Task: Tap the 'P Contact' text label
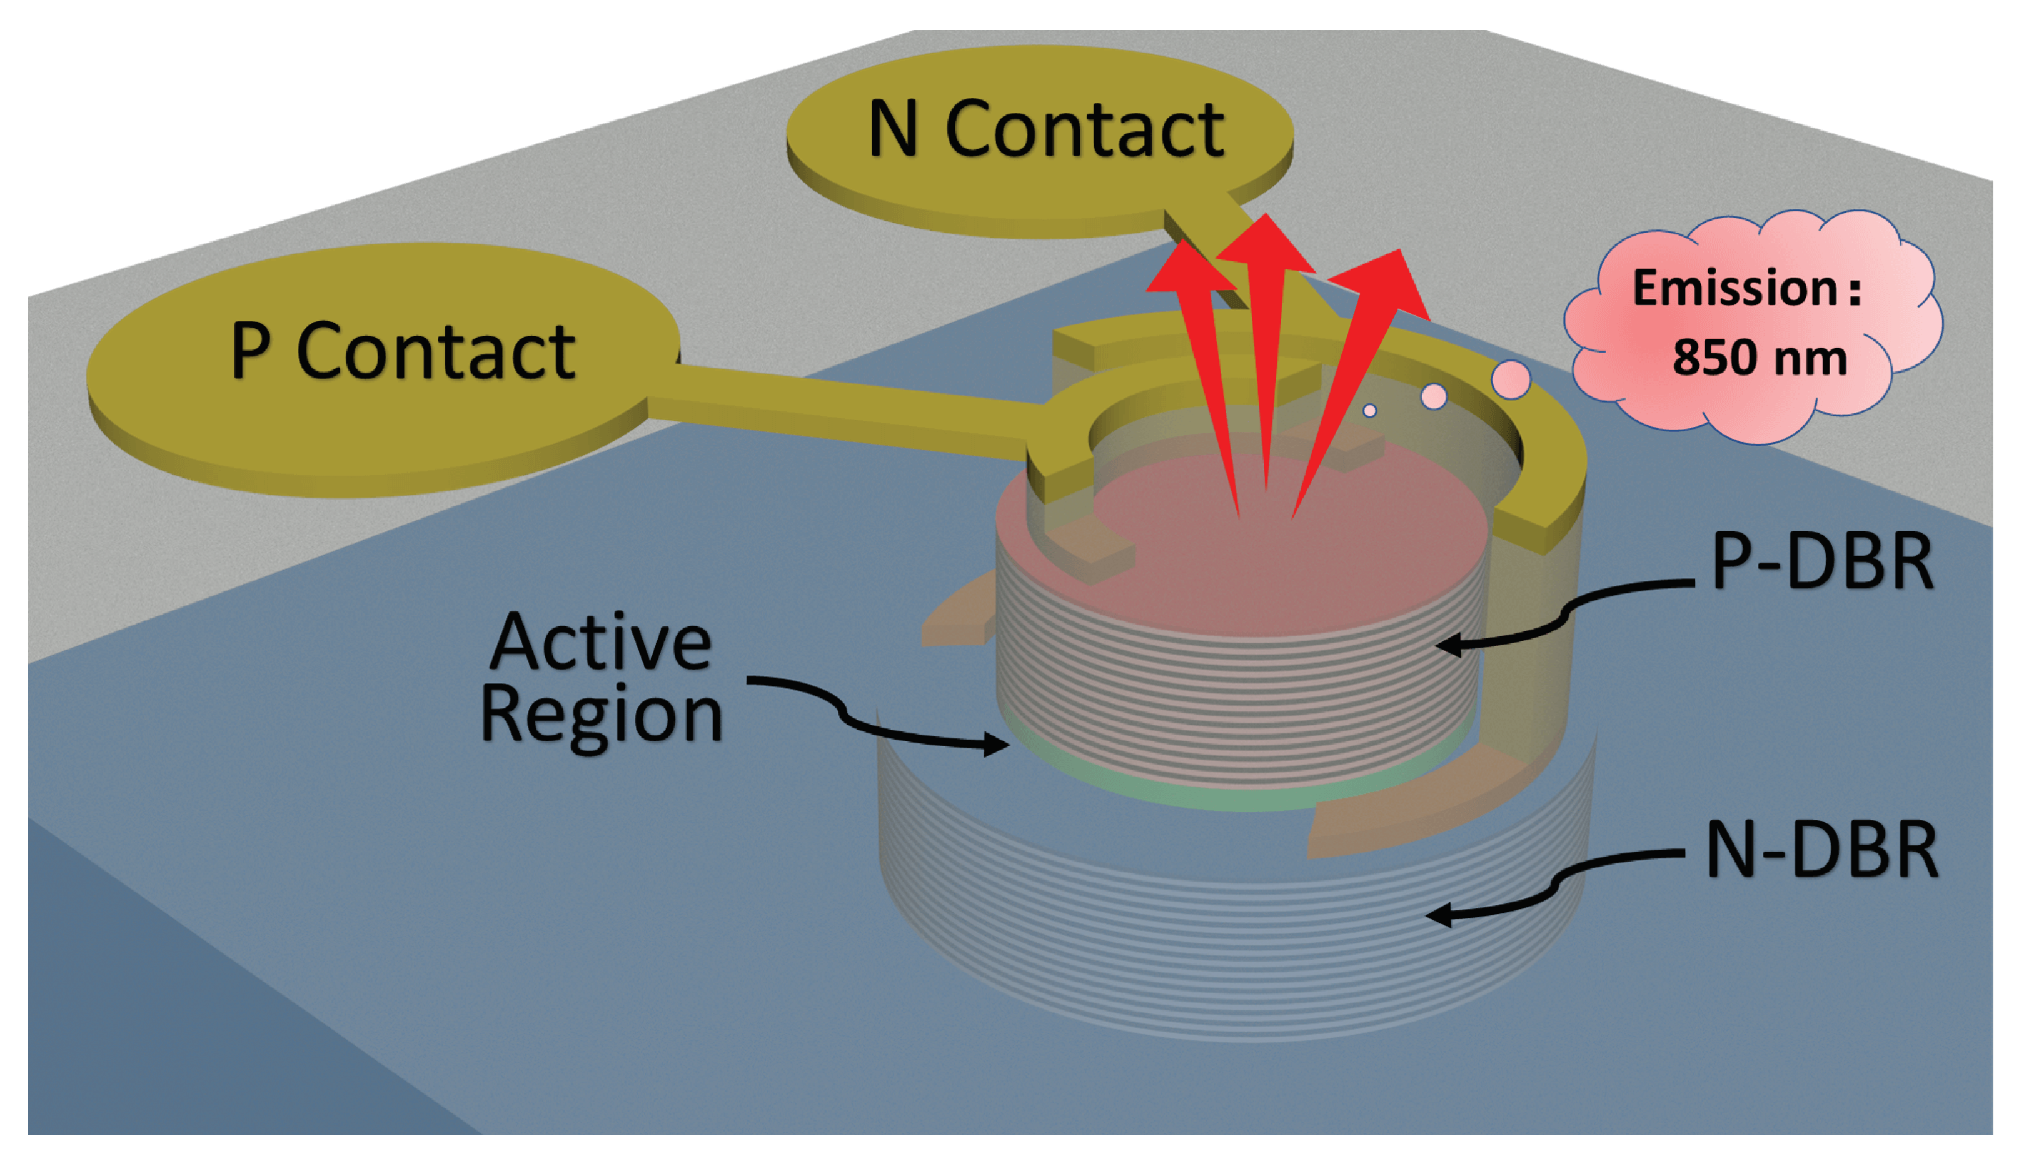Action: click(403, 353)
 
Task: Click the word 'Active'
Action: click(600, 643)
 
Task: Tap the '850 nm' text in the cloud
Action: click(1759, 359)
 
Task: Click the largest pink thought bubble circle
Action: click(1510, 379)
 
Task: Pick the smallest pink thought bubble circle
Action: click(1369, 411)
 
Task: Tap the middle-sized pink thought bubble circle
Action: click(1433, 396)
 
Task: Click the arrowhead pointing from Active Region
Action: click(997, 745)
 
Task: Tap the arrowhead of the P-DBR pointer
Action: click(1449, 645)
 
